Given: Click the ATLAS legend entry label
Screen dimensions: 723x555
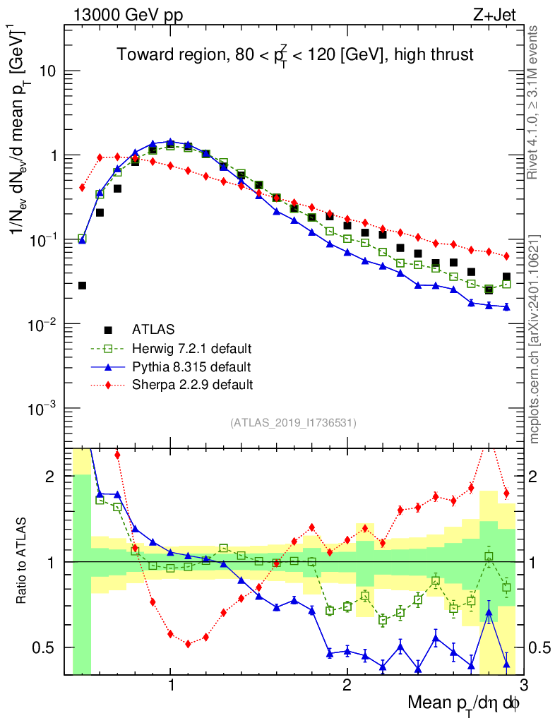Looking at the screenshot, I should [x=153, y=330].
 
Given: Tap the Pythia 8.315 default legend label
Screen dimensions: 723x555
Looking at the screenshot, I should [x=191, y=366].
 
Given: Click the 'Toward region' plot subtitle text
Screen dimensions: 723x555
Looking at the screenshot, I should [x=294, y=54].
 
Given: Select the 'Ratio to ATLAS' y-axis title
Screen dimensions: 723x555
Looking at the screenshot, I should [x=23, y=561].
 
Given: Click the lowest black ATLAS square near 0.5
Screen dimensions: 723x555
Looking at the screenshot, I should [x=82, y=285].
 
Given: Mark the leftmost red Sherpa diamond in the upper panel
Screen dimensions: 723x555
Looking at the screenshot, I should [x=82, y=188].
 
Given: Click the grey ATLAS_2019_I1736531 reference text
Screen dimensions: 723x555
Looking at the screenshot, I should [x=293, y=423].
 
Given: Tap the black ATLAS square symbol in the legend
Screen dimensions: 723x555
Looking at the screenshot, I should [x=108, y=330].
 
